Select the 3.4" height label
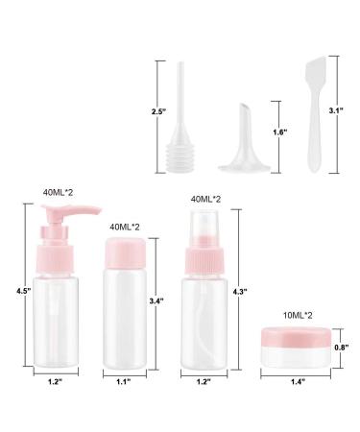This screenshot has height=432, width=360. point(156,301)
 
